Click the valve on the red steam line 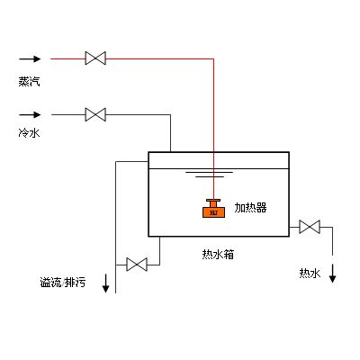[x=94, y=58]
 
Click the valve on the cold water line [x=94, y=115]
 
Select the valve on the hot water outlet [x=310, y=227]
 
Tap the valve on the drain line [x=137, y=265]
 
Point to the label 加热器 [x=250, y=208]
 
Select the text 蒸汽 [x=29, y=81]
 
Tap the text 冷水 [x=29, y=132]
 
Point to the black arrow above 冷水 [x=30, y=115]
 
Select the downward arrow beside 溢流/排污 [x=106, y=282]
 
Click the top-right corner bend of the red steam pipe [x=213, y=58]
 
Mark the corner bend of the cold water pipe [x=171, y=115]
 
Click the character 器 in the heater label [x=261, y=208]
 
